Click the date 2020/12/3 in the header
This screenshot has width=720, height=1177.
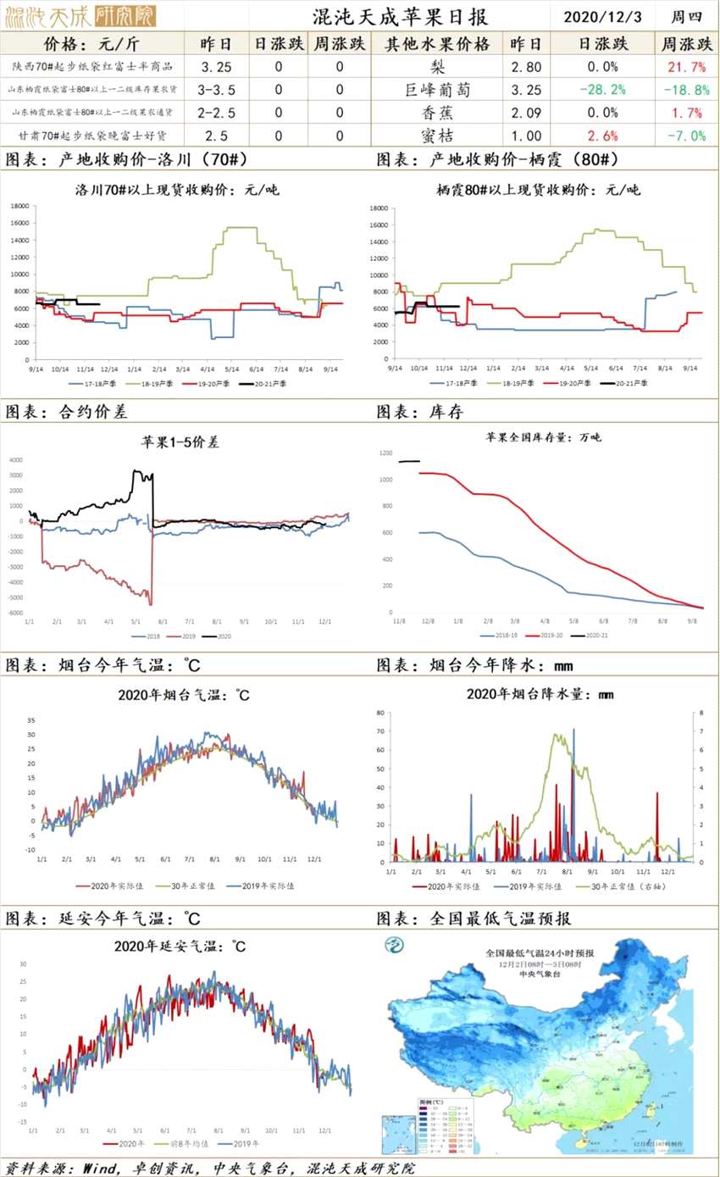click(600, 16)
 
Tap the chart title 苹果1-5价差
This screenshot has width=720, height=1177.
click(180, 441)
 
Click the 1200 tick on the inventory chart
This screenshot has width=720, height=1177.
click(385, 454)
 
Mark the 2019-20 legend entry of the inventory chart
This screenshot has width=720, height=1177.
click(545, 634)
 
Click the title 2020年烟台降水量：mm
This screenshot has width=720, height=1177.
click(540, 694)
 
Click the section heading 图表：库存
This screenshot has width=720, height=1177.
click(420, 411)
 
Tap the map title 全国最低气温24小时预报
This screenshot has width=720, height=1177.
click(540, 953)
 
